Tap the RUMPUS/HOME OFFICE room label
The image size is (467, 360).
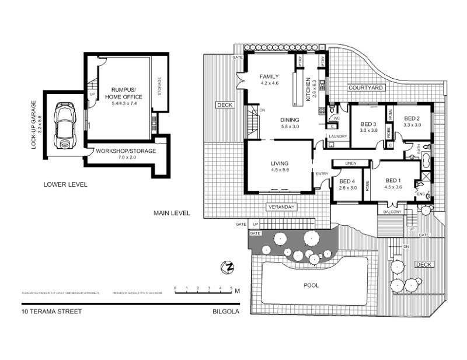point(119,93)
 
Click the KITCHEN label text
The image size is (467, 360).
point(307,89)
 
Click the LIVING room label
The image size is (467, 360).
point(280,163)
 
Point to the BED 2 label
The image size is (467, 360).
point(413,117)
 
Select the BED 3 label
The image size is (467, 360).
point(368,124)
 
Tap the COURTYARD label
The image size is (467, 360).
point(365,88)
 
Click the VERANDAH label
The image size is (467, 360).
point(282,208)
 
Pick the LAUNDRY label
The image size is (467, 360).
point(338,137)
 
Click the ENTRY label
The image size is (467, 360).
point(322,174)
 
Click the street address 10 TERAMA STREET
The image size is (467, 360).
point(51,312)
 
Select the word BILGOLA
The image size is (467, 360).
point(226,312)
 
